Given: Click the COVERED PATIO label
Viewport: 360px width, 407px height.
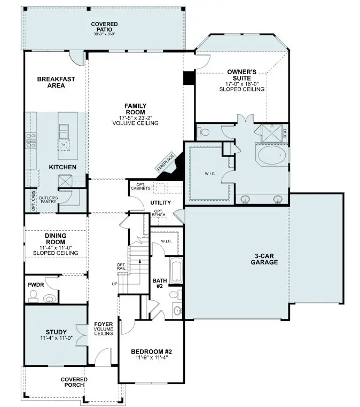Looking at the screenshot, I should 104,27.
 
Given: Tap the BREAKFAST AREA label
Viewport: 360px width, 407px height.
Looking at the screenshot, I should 56,82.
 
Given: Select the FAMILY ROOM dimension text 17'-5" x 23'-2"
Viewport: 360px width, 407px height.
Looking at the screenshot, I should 135,118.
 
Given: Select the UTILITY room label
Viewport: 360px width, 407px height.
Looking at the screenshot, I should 160,202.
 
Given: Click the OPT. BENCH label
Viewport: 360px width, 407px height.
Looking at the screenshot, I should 159,214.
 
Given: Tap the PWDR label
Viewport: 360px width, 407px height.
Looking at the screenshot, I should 35,285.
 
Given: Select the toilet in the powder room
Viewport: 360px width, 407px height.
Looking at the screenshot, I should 50,298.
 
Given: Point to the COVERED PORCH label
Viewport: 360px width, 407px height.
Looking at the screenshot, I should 74,382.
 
